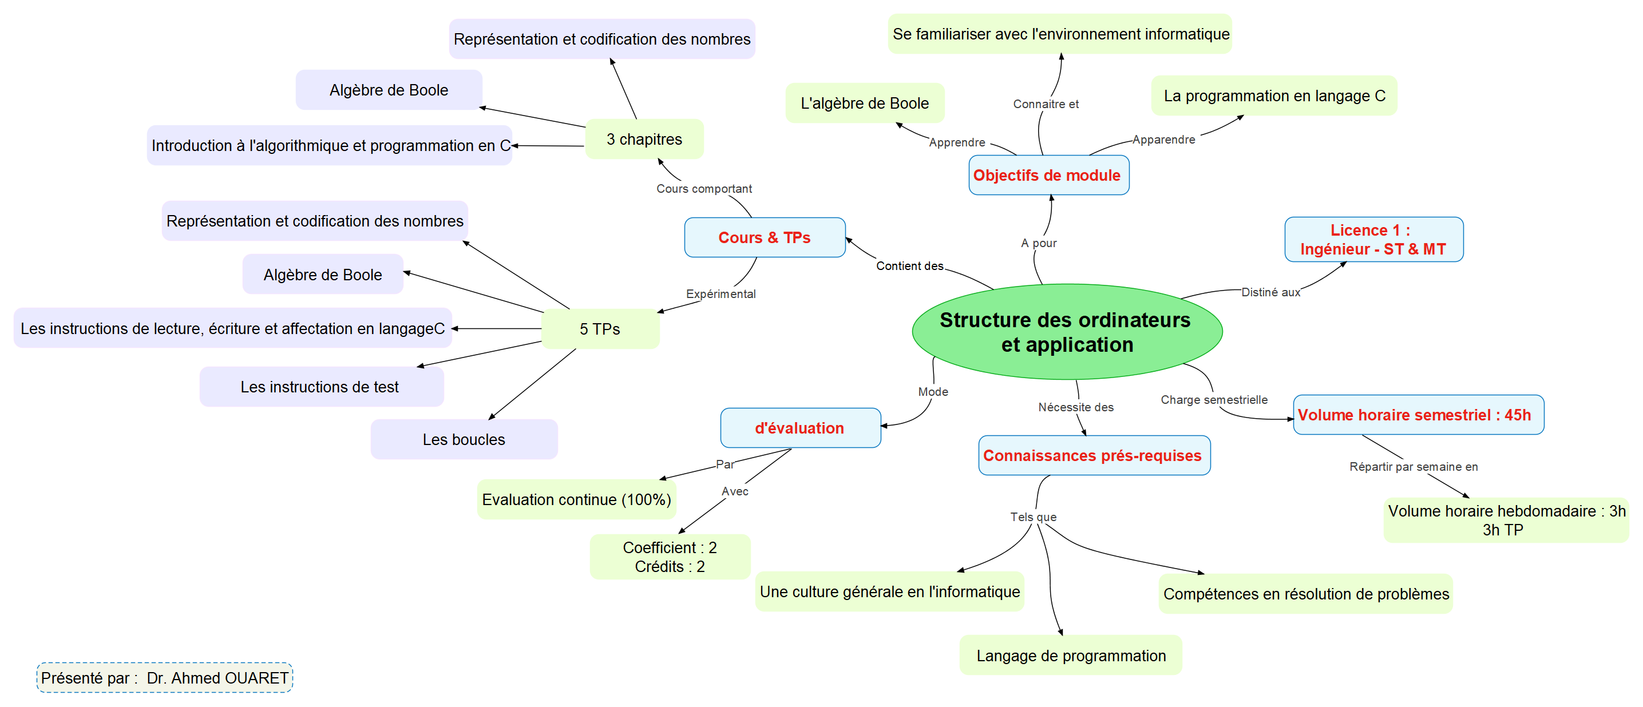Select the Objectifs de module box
pos(1048,175)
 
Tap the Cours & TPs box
pos(764,238)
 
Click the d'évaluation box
pos(800,428)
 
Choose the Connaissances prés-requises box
pos(1093,455)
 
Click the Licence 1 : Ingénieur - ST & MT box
pos(1373,240)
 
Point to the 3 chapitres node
pos(644,139)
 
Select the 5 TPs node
pos(600,329)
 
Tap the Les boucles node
pos(464,439)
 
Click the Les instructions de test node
pos(320,387)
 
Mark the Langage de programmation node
pos(1071,656)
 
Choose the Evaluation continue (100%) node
pos(576,499)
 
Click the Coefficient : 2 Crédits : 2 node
pos(670,557)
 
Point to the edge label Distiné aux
pos(1270,292)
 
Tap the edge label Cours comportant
pos(704,189)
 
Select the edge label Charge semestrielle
pos(1214,400)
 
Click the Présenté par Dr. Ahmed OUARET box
pos(165,678)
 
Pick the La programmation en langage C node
pos(1274,96)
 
